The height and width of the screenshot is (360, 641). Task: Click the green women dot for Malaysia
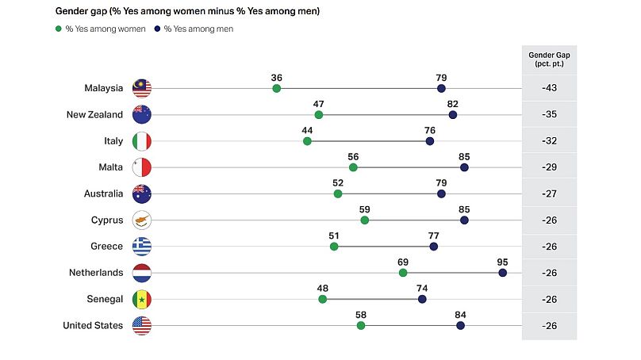coord(277,88)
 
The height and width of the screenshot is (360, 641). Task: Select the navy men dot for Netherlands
coord(503,273)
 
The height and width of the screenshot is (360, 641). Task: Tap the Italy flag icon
coord(142,141)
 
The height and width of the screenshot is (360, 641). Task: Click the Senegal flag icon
coord(142,299)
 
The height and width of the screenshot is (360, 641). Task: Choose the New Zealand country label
coord(94,114)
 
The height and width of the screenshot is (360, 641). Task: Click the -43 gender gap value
coord(549,88)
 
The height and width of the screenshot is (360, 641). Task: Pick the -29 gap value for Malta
coord(549,167)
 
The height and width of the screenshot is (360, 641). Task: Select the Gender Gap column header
coord(549,59)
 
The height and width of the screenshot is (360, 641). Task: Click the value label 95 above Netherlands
coord(503,262)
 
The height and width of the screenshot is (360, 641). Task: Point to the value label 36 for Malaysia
coord(277,78)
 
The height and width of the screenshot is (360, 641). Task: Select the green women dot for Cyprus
coord(365,220)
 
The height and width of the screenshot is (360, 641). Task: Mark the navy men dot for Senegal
coord(422,299)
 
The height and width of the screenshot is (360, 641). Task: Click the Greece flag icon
coord(142,247)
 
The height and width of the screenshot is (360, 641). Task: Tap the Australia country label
coord(103,193)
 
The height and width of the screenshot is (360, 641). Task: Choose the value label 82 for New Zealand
coord(453,104)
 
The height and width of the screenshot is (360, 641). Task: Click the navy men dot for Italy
coord(430,141)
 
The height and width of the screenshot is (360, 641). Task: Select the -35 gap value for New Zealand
coord(549,114)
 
